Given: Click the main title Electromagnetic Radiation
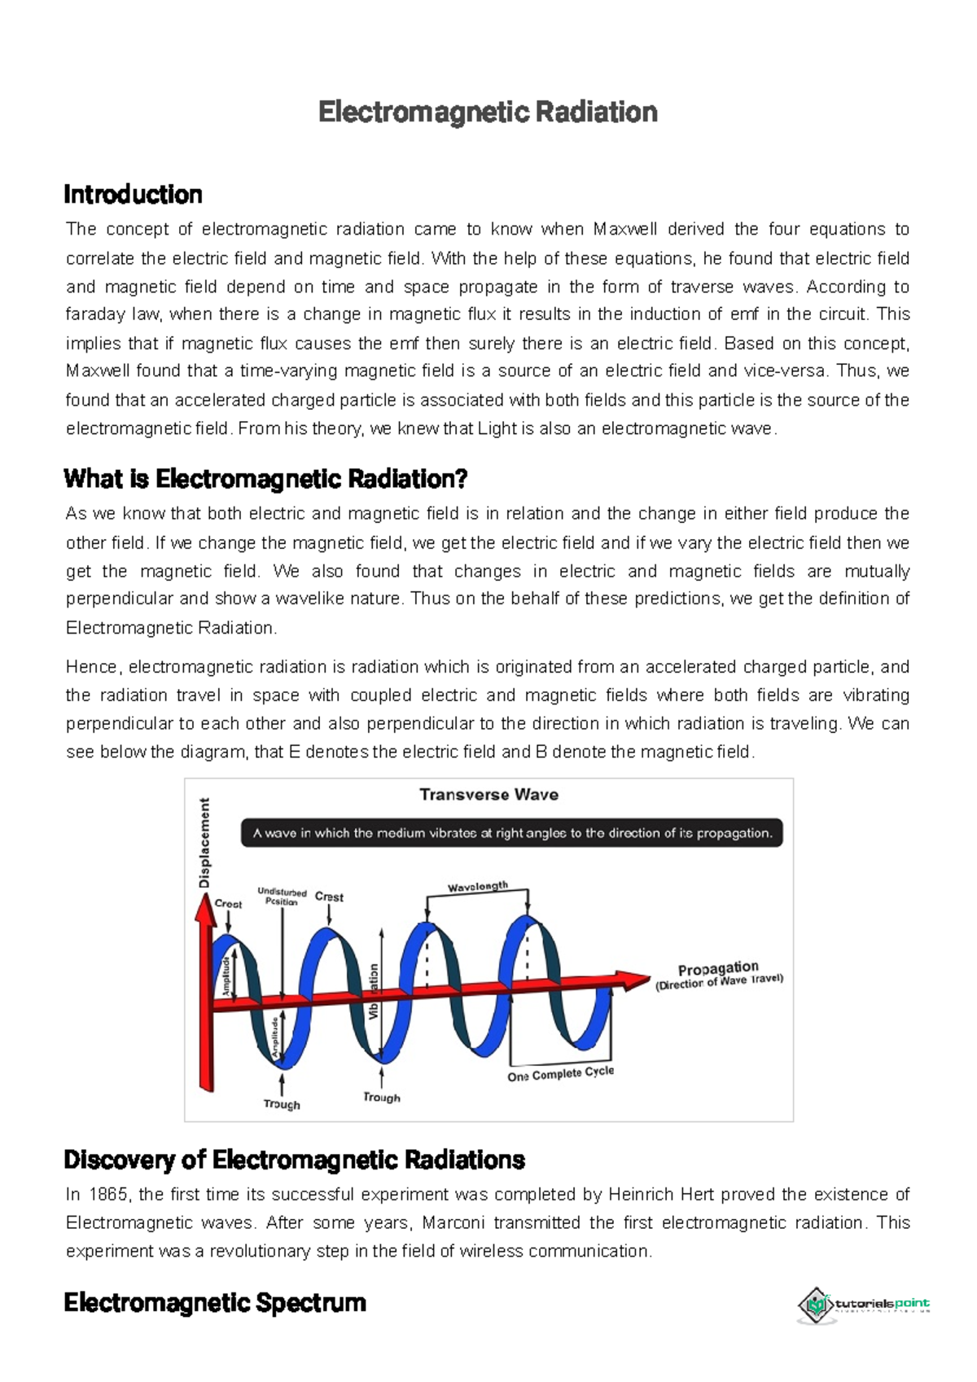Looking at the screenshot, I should click(x=488, y=112).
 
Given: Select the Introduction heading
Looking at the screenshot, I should click(x=133, y=195).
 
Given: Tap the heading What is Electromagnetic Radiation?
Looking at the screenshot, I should click(x=265, y=479).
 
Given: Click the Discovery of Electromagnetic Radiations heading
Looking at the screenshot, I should click(x=294, y=1160).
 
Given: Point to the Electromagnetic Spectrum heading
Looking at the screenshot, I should click(x=215, y=1302).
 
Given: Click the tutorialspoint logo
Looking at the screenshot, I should click(x=863, y=1305).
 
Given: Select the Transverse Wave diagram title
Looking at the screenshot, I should click(x=488, y=795).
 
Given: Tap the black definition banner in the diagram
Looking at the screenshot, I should click(x=511, y=833).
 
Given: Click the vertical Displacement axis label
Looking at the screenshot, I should click(x=204, y=842).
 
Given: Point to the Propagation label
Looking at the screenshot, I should click(x=718, y=968).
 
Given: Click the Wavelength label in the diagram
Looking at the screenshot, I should click(x=478, y=886).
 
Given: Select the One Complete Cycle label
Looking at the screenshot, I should click(x=560, y=1074).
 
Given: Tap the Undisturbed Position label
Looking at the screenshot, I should click(x=282, y=897).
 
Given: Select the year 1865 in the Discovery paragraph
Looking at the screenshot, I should click(x=108, y=1195).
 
